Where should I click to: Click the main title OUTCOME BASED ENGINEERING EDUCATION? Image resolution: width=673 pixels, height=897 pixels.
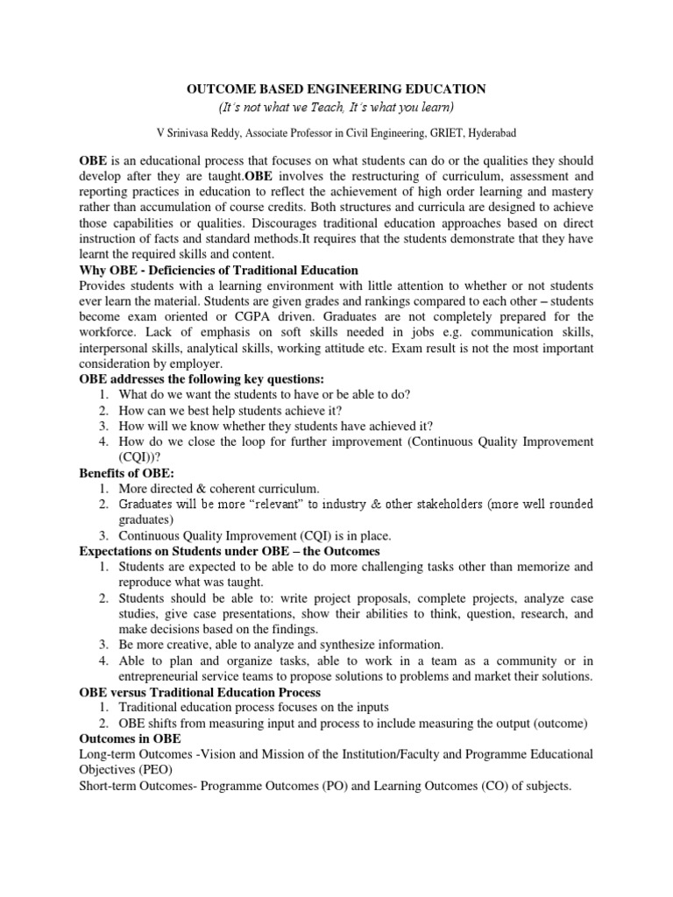336,88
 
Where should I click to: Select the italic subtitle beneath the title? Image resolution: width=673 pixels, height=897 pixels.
336,108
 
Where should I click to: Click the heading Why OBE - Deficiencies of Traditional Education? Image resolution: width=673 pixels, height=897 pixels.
219,269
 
